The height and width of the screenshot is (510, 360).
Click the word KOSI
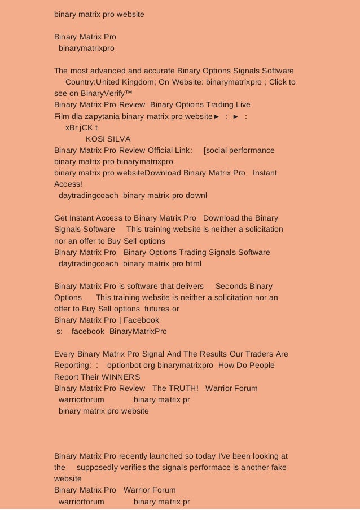[x=95, y=139]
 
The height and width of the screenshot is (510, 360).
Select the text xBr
[x=72, y=128]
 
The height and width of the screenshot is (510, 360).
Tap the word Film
[x=62, y=116]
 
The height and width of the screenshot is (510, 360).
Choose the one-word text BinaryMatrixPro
[x=138, y=331]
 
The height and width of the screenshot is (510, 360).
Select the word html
[x=193, y=263]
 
